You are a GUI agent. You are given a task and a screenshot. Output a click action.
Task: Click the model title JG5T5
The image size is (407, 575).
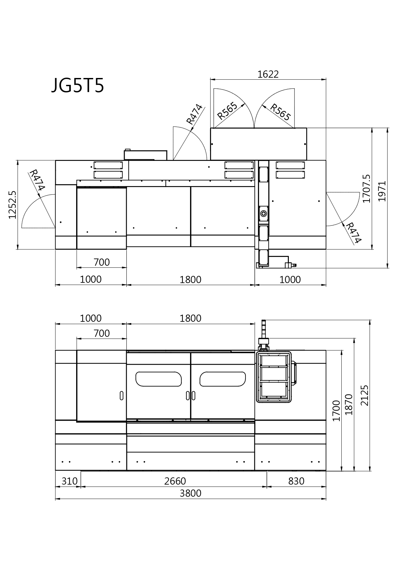77,86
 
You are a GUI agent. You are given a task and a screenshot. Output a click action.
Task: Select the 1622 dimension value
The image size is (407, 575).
268,74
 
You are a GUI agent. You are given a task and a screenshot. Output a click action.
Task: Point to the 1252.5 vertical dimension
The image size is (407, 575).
12,205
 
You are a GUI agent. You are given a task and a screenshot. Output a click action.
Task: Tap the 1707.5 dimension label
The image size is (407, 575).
366,189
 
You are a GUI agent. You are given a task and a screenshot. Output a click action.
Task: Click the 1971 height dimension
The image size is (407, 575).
382,191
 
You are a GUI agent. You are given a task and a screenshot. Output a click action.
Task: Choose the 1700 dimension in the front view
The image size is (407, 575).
336,411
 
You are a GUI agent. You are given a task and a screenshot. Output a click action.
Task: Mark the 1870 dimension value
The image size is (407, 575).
349,404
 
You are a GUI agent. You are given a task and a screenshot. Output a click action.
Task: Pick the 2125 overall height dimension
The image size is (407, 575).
365,395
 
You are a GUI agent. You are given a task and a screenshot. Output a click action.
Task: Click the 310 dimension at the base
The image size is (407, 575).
70,481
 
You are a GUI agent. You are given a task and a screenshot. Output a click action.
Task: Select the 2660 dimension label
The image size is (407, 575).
175,481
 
